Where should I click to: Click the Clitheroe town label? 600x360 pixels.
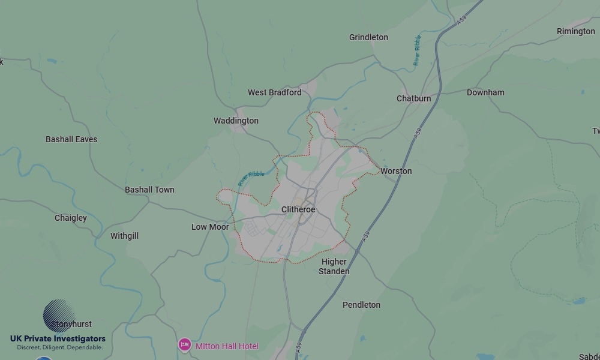(x=298, y=209)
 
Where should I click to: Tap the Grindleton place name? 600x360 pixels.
(x=368, y=37)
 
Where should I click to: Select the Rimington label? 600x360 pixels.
(x=575, y=31)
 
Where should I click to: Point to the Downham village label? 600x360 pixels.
(x=485, y=92)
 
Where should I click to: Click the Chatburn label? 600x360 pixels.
(x=413, y=98)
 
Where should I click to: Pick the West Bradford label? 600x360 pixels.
(x=274, y=92)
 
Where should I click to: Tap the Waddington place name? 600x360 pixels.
(x=236, y=121)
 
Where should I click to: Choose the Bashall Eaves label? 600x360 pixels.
(x=71, y=139)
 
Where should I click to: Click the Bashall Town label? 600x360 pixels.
(x=149, y=190)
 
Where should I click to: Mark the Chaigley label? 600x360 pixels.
(x=71, y=218)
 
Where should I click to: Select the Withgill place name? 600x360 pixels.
(x=124, y=236)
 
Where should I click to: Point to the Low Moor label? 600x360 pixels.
(x=210, y=227)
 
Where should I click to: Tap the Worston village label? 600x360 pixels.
(x=396, y=171)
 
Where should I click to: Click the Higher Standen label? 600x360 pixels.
(x=334, y=266)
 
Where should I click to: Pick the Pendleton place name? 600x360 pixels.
(x=361, y=305)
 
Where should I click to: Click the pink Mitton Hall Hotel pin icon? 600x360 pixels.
(x=184, y=345)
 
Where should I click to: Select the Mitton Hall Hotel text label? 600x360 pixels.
(x=227, y=346)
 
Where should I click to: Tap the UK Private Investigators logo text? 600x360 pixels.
(x=58, y=339)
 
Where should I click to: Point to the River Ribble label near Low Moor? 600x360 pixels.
(x=251, y=178)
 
